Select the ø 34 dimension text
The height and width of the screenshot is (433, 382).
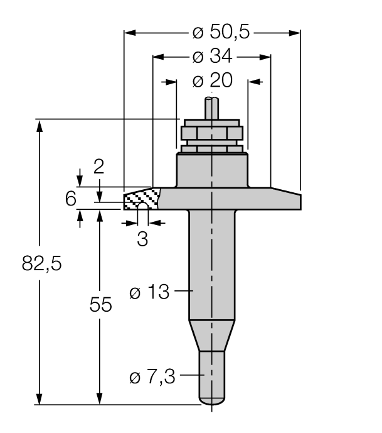coord(212,57)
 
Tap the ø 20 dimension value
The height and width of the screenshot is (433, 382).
coord(212,81)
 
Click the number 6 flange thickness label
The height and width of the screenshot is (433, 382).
coord(71,199)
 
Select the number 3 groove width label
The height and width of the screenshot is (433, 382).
coord(142,239)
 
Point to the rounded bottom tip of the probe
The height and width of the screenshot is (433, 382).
coord(211,400)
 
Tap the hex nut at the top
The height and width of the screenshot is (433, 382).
coord(211,133)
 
